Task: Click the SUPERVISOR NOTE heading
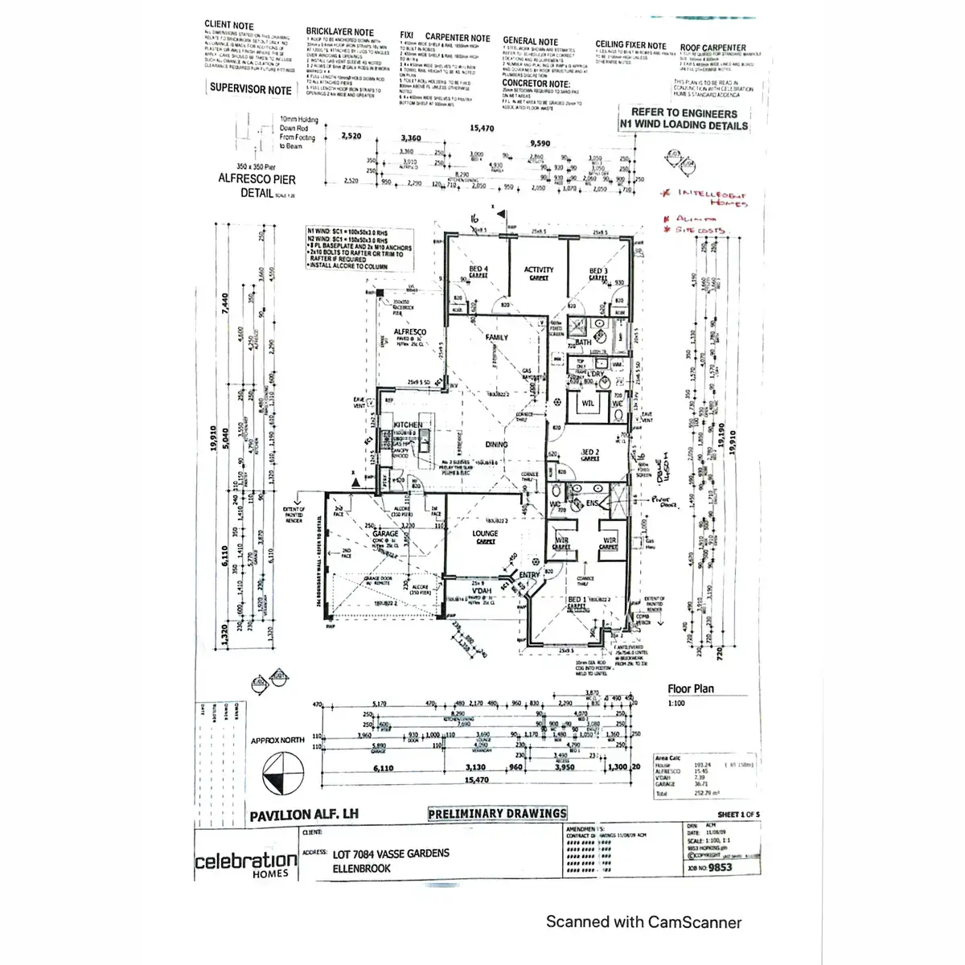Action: point(250,88)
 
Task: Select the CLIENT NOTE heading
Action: point(228,25)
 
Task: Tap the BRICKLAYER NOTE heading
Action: point(339,32)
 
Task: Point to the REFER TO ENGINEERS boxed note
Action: point(684,119)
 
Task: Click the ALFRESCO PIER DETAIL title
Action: point(257,186)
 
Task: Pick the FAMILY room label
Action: point(497,338)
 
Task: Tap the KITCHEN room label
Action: point(408,425)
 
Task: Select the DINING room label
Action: point(496,444)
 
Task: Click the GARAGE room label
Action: point(385,534)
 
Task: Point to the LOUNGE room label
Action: point(485,533)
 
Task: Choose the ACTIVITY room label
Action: point(539,270)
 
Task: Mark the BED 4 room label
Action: point(478,269)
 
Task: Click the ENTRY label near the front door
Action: point(529,575)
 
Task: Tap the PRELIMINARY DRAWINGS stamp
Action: point(497,814)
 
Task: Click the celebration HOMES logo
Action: point(246,864)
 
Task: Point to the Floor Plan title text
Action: point(690,688)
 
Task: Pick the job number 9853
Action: point(721,868)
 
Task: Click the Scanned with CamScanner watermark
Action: point(643,922)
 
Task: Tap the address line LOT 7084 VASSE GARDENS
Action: point(391,853)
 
